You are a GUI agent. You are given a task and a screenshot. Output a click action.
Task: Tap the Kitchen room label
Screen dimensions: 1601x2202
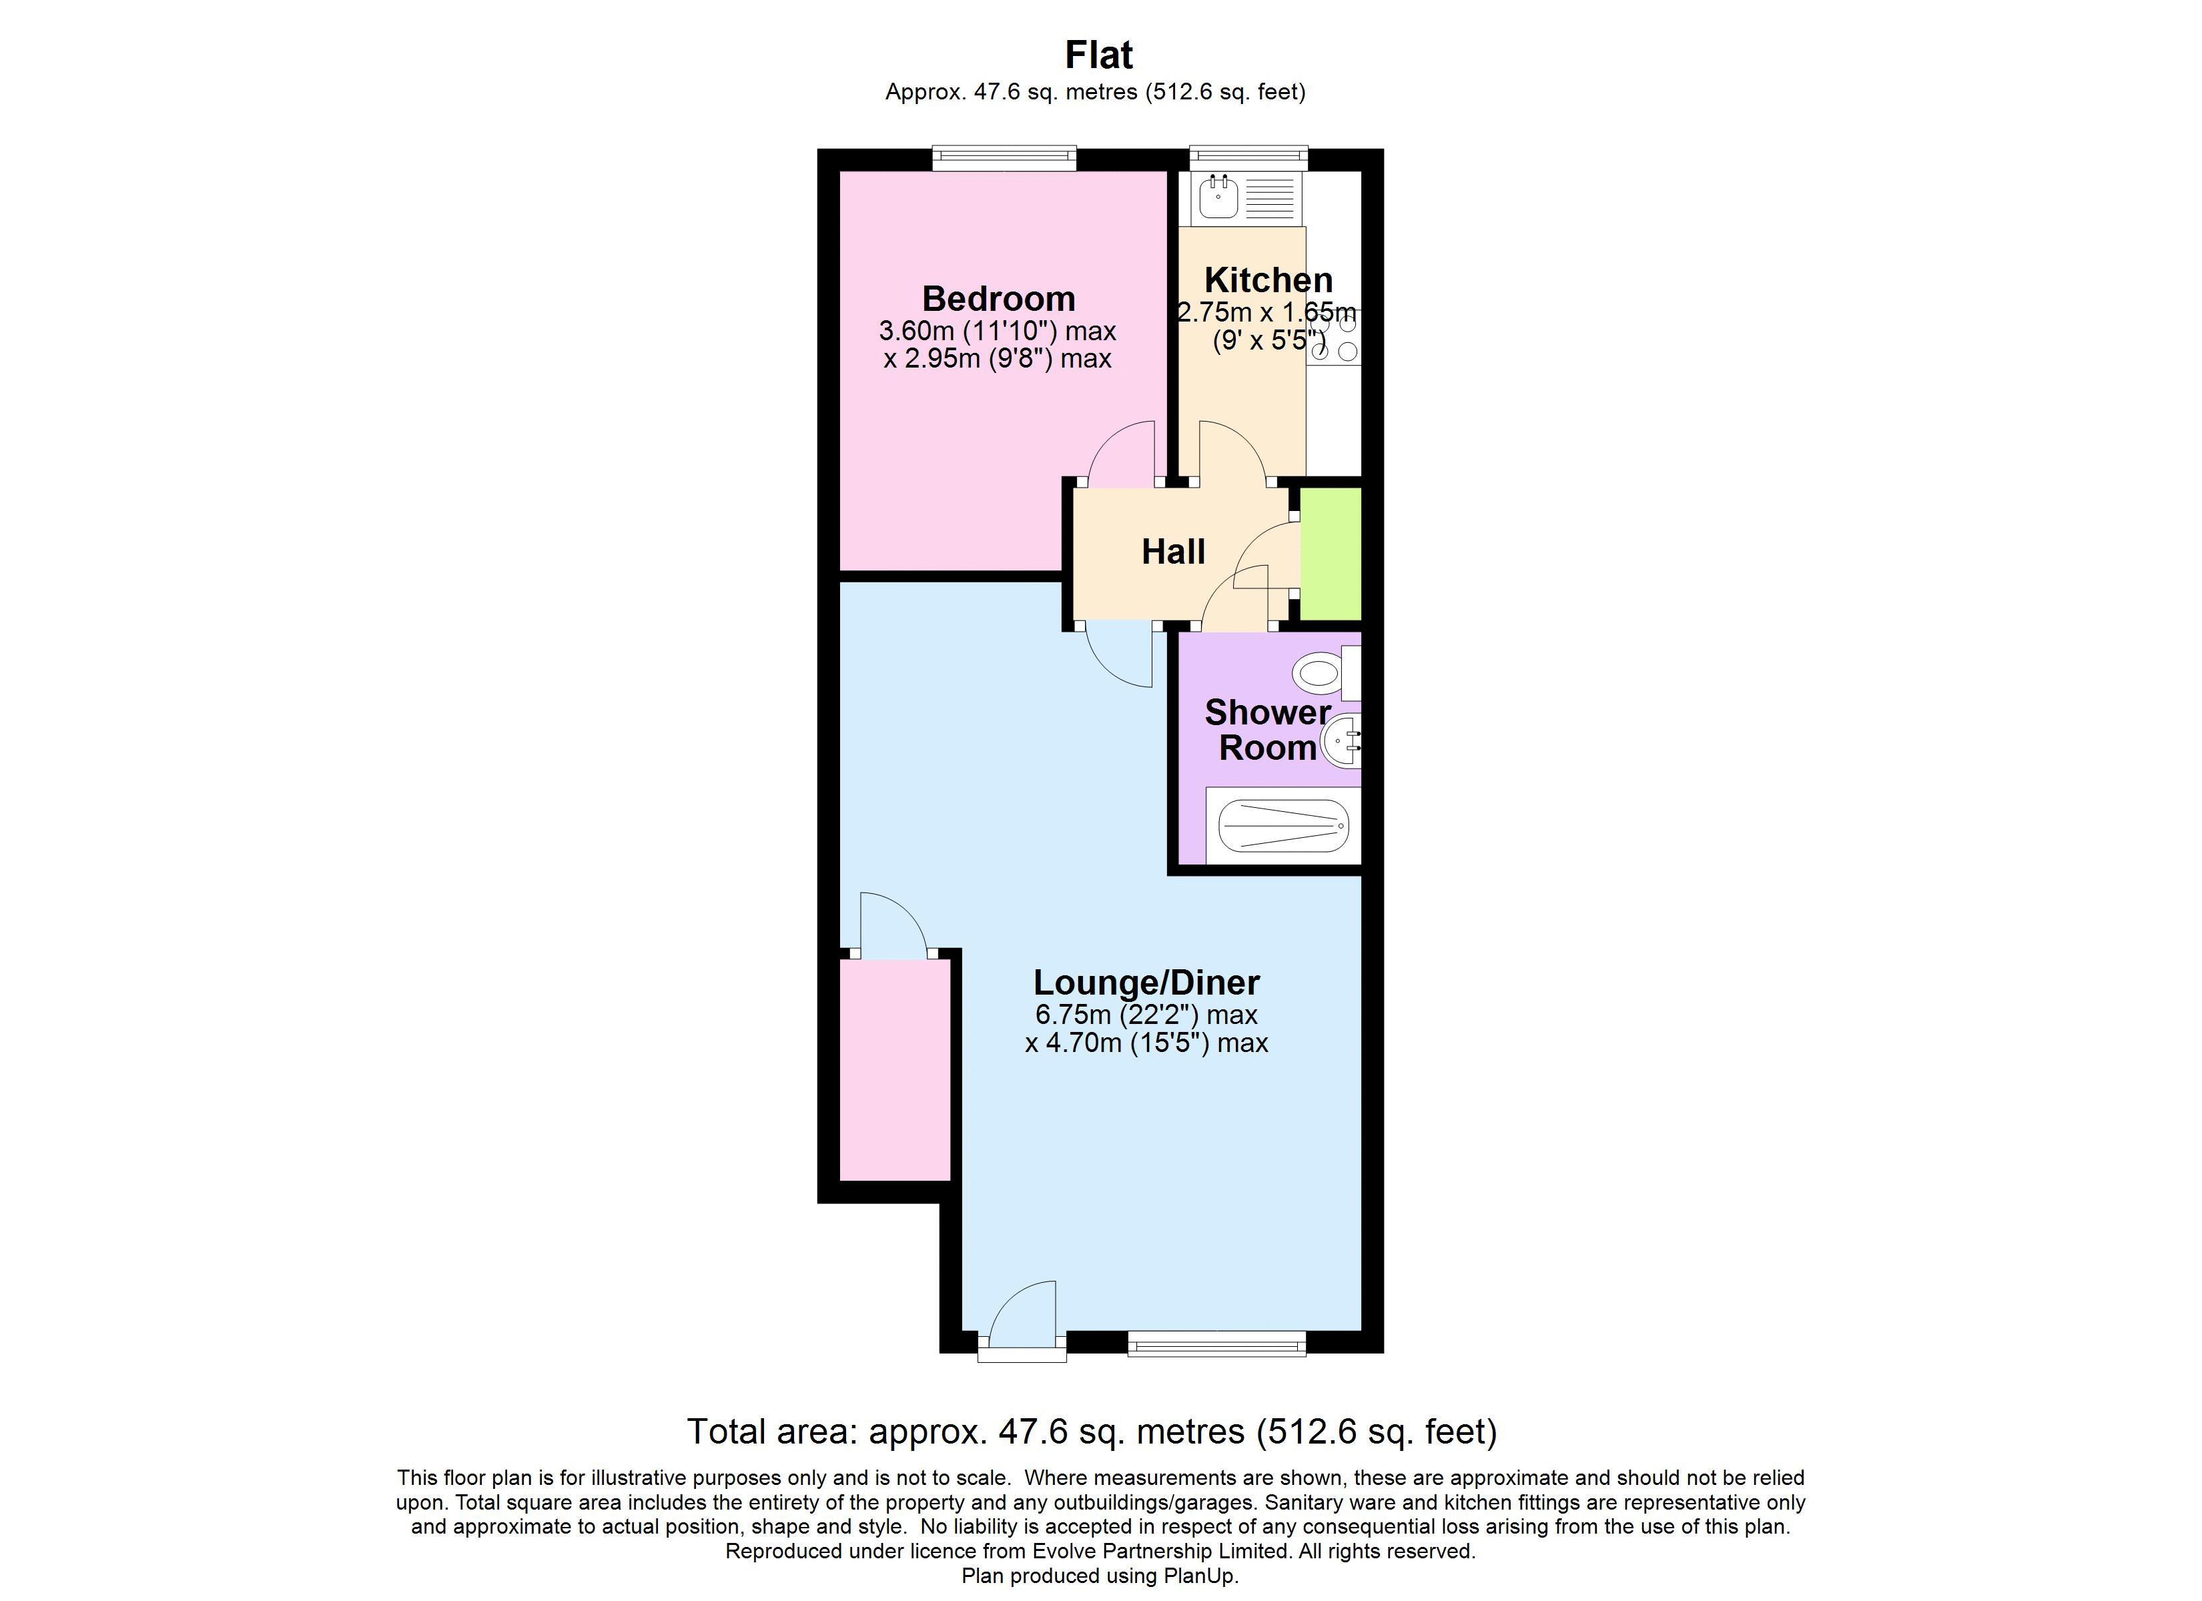coord(1267,280)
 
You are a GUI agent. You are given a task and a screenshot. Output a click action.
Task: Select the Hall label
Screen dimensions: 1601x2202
coord(1173,552)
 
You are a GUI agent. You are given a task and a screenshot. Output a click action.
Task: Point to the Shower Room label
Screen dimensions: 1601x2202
coord(1267,729)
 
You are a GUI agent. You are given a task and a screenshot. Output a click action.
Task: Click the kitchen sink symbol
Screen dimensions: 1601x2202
coord(1218,199)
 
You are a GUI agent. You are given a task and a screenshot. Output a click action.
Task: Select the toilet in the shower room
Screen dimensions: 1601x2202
coord(1321,672)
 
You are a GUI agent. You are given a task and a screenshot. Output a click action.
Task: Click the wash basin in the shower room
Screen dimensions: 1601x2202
coord(1343,742)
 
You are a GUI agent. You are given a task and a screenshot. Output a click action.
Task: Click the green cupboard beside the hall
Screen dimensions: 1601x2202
coord(1330,554)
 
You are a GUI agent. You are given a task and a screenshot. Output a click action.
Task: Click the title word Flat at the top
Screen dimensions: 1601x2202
coord(1098,55)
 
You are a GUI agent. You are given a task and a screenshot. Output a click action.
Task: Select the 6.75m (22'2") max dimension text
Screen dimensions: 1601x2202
coord(1146,1015)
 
